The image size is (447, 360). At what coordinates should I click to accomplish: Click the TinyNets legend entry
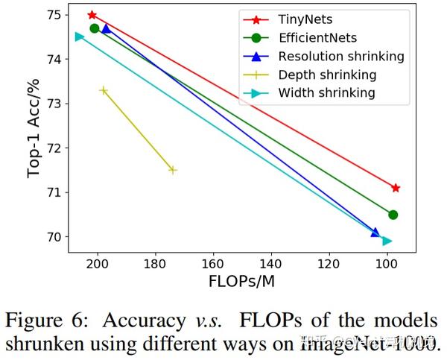[x=306, y=19]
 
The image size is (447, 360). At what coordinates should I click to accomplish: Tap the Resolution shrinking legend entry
[x=340, y=57]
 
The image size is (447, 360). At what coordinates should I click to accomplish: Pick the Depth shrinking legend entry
[x=327, y=75]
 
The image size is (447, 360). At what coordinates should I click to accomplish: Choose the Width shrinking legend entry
[x=326, y=93]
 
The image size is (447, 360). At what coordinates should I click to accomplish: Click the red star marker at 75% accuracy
[x=92, y=15]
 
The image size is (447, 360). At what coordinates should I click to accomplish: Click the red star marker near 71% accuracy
[x=396, y=188]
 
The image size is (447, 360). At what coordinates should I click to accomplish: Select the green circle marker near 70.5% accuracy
[x=393, y=215]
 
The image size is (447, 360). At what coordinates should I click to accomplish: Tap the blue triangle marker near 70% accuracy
[x=375, y=233]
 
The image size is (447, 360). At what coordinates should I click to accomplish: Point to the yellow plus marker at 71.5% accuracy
[x=173, y=170]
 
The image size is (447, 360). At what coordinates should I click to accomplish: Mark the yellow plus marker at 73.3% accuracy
[x=104, y=90]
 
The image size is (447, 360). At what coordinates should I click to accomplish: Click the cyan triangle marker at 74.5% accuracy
[x=80, y=37]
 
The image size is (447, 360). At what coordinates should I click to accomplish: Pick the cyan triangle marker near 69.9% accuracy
[x=387, y=241]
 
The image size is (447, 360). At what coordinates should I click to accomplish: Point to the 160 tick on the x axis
[x=213, y=265]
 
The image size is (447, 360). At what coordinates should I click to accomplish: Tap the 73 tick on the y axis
[x=57, y=103]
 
